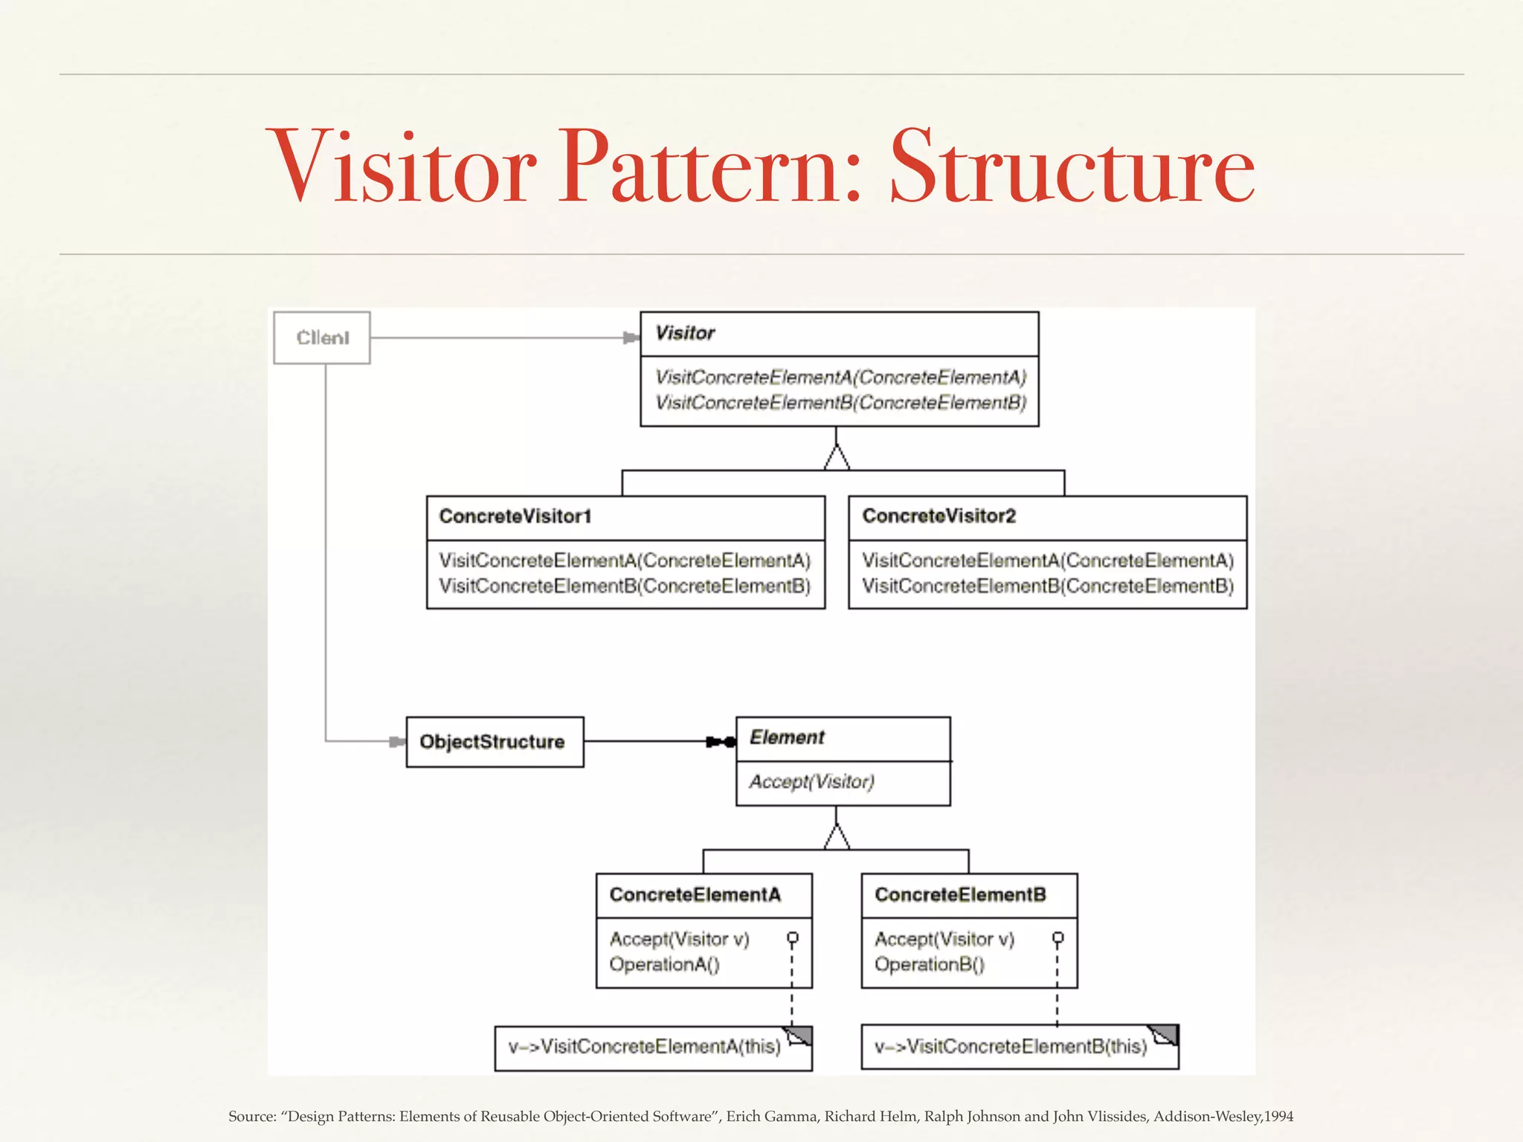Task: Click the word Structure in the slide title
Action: click(x=1072, y=167)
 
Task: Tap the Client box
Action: click(x=322, y=338)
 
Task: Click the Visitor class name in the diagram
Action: click(x=685, y=333)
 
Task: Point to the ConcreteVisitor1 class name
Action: click(x=515, y=517)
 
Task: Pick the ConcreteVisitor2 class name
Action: click(x=938, y=517)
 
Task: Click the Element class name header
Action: click(x=787, y=738)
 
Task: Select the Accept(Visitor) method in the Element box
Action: click(x=811, y=782)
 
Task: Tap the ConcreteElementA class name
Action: click(x=695, y=894)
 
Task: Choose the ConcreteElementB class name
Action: click(x=960, y=894)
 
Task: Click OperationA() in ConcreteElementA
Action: click(x=664, y=965)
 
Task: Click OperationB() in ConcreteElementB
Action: click(x=929, y=965)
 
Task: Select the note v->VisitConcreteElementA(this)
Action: click(x=644, y=1047)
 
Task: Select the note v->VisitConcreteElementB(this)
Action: click(x=1011, y=1047)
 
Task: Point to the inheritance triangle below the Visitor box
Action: click(x=837, y=459)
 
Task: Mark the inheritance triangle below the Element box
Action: click(x=837, y=838)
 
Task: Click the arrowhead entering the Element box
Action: click(x=720, y=742)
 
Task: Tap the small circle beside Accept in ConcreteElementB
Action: click(x=1057, y=938)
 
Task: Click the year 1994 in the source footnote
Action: click(x=1278, y=1117)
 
